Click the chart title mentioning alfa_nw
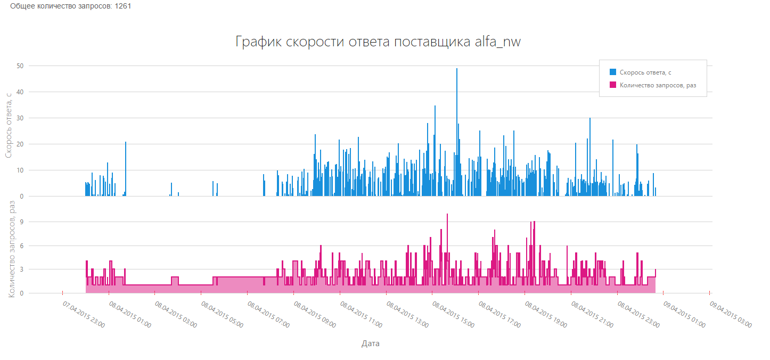pyautogui.click(x=378, y=42)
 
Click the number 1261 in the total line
pyautogui.click(x=123, y=6)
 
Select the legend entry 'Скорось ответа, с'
pyautogui.click(x=649, y=72)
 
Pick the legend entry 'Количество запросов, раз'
pyautogui.click(x=658, y=85)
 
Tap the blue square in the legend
pyautogui.click(x=613, y=72)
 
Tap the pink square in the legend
pyautogui.click(x=613, y=85)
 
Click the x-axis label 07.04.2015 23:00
pyautogui.click(x=84, y=314)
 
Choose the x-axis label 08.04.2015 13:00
pyautogui.click(x=407, y=314)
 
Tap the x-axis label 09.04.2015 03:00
pyautogui.click(x=731, y=314)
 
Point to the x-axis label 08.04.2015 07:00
pyautogui.click(x=268, y=314)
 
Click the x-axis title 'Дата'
pyautogui.click(x=371, y=343)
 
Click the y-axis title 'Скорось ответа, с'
pyautogui.click(x=9, y=125)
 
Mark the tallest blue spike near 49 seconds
pyautogui.click(x=456, y=69)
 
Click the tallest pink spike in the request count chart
pyautogui.click(x=447, y=215)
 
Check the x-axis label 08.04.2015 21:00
pyautogui.click(x=592, y=314)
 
